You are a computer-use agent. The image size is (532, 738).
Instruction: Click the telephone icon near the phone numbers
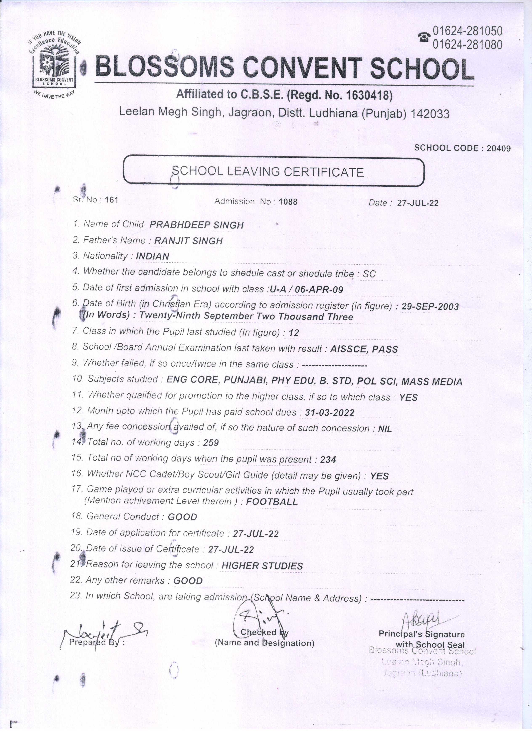424,37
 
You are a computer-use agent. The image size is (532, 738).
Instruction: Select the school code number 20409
499,148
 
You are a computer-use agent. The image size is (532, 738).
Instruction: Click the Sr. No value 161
111,199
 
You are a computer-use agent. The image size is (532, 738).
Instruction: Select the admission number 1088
288,202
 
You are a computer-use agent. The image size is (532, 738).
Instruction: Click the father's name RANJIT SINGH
188,241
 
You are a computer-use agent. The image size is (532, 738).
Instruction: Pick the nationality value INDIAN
152,256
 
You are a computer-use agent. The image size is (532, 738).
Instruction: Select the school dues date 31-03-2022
330,413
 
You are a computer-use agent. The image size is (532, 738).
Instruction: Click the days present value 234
328,459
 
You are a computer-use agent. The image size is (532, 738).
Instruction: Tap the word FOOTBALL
272,502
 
